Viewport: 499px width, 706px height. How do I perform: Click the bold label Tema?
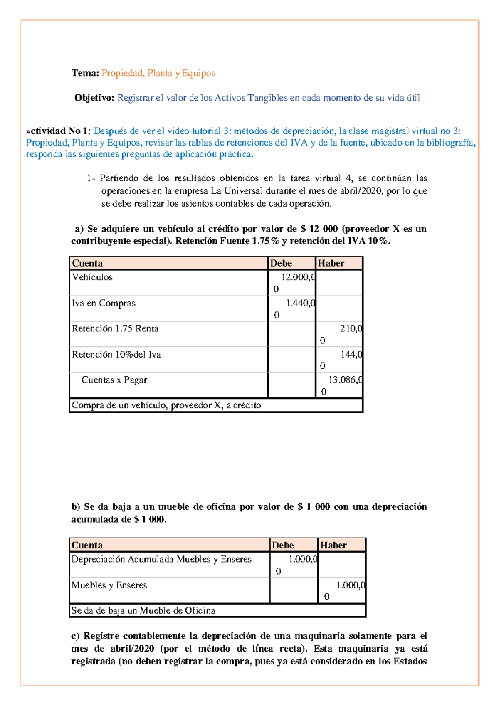pos(85,73)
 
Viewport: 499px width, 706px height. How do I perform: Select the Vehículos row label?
pos(92,277)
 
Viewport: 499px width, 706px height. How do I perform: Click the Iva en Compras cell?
pos(104,304)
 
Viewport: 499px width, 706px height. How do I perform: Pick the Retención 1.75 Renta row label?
pos(115,329)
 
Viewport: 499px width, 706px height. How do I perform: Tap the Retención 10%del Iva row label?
pos(116,355)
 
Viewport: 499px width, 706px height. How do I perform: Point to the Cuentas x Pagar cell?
pos(114,380)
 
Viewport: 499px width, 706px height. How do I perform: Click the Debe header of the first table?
pos(281,263)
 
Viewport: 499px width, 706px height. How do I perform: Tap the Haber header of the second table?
pos(333,545)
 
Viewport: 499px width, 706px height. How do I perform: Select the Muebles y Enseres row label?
pos(109,585)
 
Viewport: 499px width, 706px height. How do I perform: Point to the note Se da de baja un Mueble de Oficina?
pos(143,611)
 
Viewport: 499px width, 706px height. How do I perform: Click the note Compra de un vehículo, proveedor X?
pos(166,405)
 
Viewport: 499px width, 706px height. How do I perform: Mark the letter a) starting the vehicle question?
pos(79,229)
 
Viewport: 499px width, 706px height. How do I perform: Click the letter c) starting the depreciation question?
pos(75,636)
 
